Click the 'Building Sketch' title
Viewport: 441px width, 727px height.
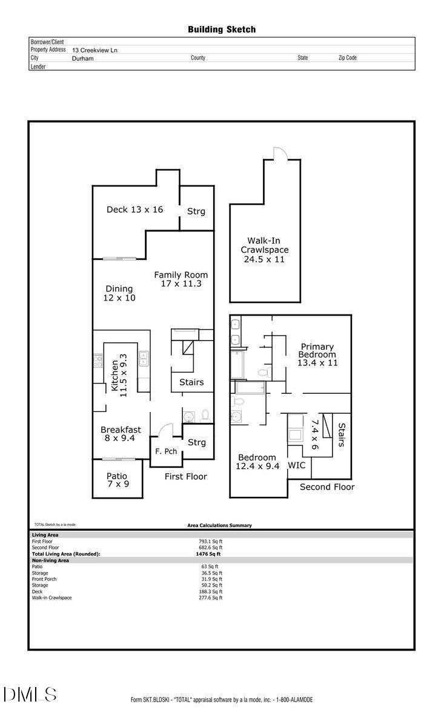(x=221, y=29)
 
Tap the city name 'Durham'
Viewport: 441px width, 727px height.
(x=83, y=59)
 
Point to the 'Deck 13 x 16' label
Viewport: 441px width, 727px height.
(x=134, y=210)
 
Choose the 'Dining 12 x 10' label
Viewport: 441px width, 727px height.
(x=120, y=293)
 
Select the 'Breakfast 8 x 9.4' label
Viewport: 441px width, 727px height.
(x=121, y=434)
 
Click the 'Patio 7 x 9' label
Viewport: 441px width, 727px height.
(x=117, y=480)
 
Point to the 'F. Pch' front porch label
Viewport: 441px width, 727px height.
(x=165, y=451)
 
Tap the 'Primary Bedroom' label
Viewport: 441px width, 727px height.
(x=317, y=354)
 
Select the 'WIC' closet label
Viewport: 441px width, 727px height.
(x=296, y=466)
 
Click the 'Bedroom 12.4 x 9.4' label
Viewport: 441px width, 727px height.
(x=257, y=462)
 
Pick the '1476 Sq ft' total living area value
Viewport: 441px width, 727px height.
(x=208, y=554)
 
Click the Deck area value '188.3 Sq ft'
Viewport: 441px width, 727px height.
(x=210, y=591)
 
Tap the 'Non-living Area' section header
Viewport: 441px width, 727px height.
(x=50, y=560)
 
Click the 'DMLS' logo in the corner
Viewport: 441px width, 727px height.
(x=30, y=694)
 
